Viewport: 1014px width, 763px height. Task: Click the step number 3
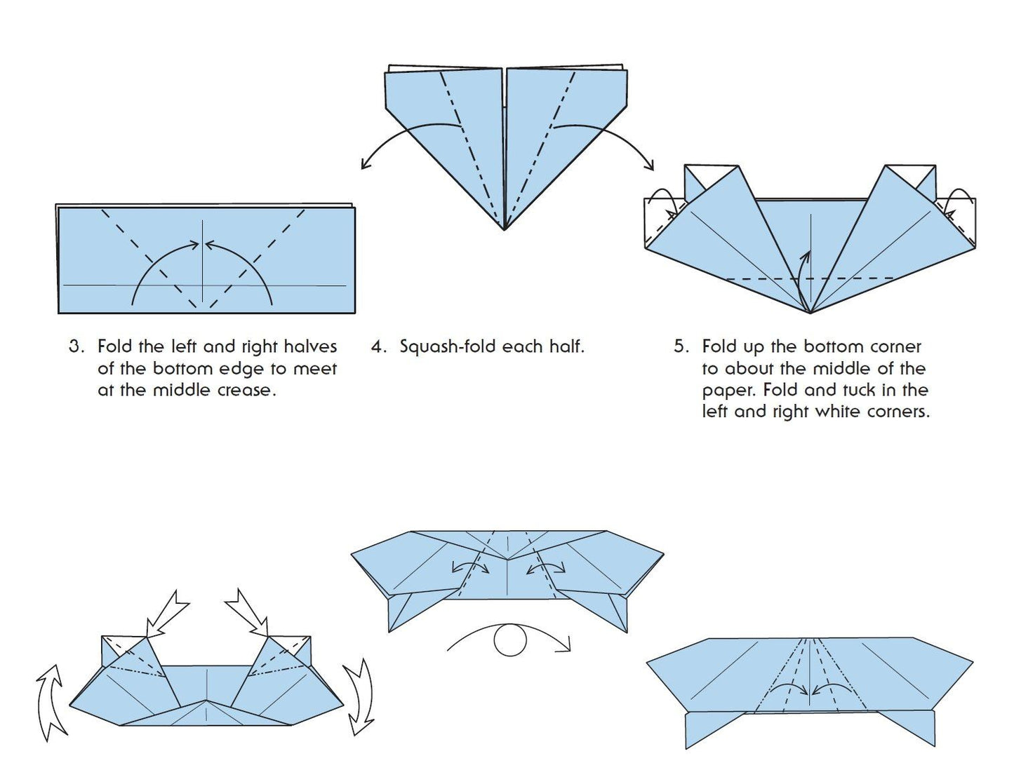pos(75,346)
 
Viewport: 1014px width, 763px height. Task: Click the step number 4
pos(378,346)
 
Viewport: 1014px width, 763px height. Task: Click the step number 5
pos(680,346)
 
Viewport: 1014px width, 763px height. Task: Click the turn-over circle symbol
pos(510,640)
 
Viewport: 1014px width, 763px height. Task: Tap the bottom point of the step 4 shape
pos(504,229)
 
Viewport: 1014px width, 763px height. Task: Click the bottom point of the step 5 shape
pos(810,312)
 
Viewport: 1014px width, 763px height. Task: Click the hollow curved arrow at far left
pos(51,701)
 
